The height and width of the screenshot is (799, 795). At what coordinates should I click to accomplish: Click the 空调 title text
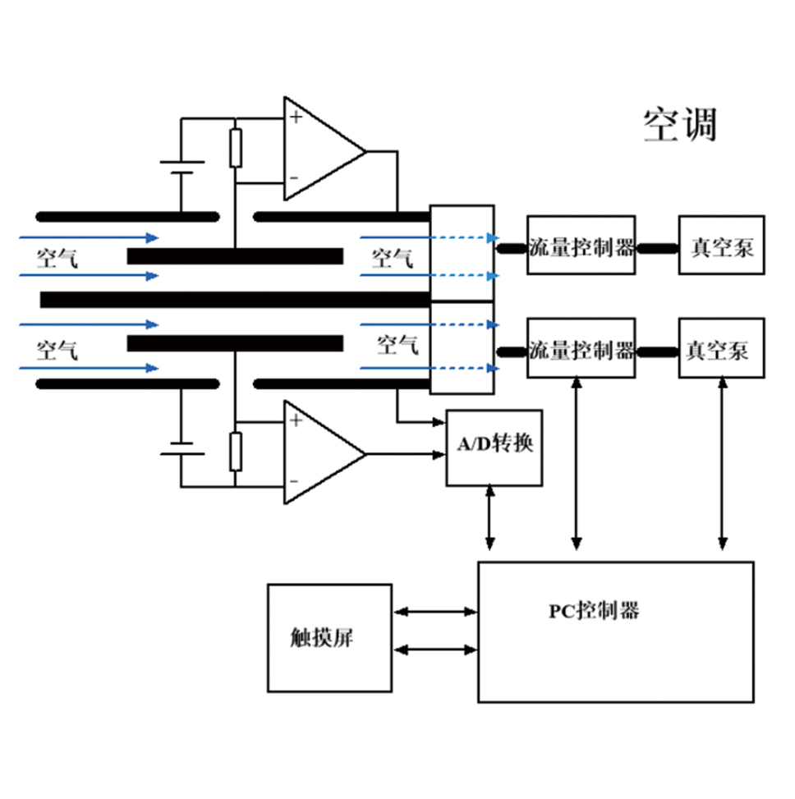[x=680, y=125]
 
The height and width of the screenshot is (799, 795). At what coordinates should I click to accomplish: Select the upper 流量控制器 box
[x=581, y=246]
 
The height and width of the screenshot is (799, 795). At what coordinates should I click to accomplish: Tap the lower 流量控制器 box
[x=581, y=348]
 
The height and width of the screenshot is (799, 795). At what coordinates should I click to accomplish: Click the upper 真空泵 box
[x=721, y=246]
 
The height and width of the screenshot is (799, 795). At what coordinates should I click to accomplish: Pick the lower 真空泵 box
[x=721, y=348]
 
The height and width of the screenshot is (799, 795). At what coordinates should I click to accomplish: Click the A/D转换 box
[x=494, y=447]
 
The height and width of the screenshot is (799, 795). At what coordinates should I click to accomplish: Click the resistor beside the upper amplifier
[x=236, y=148]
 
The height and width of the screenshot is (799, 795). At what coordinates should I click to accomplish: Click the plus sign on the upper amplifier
[x=295, y=117]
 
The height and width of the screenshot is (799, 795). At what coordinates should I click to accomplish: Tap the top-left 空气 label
[x=57, y=257]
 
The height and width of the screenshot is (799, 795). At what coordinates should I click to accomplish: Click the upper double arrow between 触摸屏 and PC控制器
[x=435, y=612]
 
